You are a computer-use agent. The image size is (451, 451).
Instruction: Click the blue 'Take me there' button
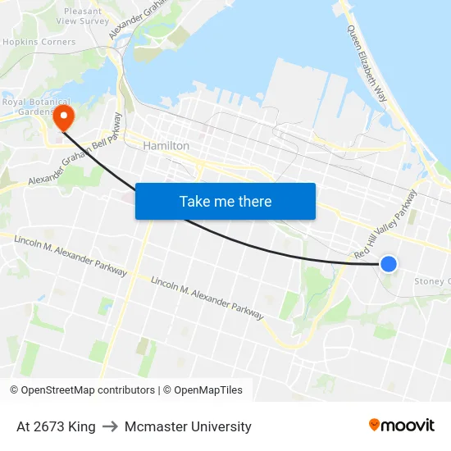tap(225, 201)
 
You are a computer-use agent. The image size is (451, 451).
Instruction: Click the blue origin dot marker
tap(389, 263)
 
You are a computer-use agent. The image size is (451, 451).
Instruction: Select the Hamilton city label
tap(166, 146)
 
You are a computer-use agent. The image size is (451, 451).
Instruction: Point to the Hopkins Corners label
tap(39, 42)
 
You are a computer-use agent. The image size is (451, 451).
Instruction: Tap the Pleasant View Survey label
tap(82, 16)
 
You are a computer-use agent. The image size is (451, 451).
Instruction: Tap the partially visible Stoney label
tap(431, 281)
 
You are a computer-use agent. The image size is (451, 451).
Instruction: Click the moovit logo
tap(401, 425)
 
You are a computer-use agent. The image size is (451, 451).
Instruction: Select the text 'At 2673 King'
tap(56, 426)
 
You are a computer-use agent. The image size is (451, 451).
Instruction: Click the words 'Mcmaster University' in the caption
tap(188, 426)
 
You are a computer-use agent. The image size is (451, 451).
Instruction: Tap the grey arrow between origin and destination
tap(110, 426)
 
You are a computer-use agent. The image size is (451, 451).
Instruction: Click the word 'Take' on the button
tap(194, 201)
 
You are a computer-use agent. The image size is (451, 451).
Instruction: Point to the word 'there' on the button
tap(255, 201)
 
